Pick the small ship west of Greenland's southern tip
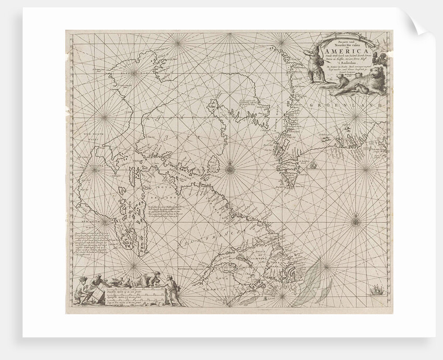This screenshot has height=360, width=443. coord(313,166)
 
